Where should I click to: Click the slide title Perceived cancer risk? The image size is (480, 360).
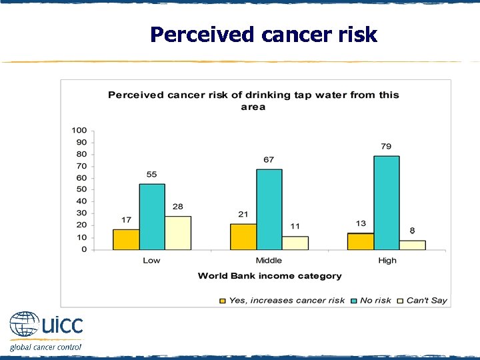pos(263,34)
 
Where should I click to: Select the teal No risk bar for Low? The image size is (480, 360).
pos(152,217)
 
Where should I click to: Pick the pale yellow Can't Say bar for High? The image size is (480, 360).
pos(413,245)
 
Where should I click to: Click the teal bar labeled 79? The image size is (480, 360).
pos(387,203)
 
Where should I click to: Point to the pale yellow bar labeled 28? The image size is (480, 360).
pos(178,233)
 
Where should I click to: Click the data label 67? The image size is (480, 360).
pos(269,160)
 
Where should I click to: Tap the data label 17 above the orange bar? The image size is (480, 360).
pos(126,220)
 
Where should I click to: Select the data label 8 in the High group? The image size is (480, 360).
pos(413,231)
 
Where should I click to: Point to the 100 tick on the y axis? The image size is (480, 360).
pos(79,130)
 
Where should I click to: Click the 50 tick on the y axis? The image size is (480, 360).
pos(81,190)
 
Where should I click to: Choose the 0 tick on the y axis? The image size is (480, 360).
pos(84,249)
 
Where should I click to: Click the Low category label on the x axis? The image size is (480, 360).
pos(151,261)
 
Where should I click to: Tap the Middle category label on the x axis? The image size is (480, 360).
pos(269,261)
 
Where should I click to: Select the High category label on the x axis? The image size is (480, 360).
pos(387,261)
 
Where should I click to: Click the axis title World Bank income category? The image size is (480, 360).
pos(269,276)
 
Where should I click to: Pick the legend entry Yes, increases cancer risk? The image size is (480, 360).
pos(286,301)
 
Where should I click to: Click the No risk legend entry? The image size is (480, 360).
pos(375,301)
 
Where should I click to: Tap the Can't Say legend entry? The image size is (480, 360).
pos(426,301)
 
